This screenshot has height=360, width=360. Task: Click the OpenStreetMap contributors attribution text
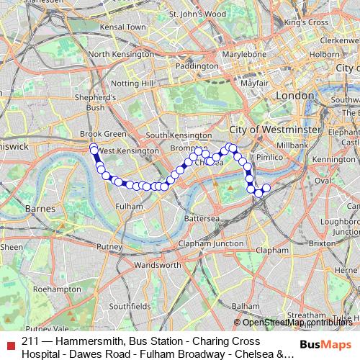click(x=296, y=322)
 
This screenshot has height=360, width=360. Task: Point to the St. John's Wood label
click(x=197, y=14)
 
